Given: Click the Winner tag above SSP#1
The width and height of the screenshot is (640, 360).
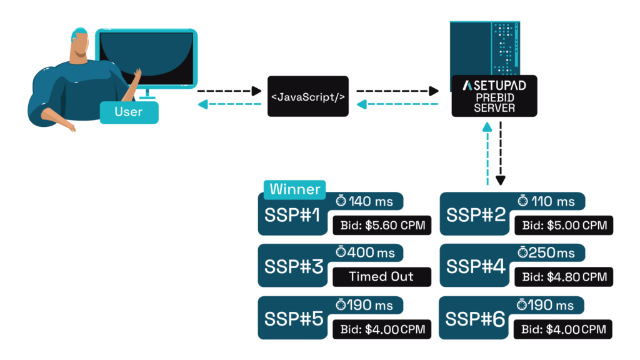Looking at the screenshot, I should [x=294, y=189].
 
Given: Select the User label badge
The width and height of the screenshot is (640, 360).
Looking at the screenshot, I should [x=129, y=112].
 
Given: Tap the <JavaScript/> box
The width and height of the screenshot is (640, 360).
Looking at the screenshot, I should [x=307, y=96].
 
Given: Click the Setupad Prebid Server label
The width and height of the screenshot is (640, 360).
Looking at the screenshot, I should [x=494, y=96].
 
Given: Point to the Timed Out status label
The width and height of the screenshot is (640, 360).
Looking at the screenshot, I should [x=381, y=276].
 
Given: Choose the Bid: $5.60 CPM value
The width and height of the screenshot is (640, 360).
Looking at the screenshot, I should [x=382, y=225].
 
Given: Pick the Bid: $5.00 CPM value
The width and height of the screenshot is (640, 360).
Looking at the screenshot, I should [x=564, y=225].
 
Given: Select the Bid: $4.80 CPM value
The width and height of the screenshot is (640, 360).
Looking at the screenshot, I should [x=564, y=276].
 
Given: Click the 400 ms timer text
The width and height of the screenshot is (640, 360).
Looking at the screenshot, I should [x=372, y=252].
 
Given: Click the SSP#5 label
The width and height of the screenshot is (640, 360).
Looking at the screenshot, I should [x=294, y=319].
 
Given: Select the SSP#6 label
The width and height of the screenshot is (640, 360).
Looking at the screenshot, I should [x=475, y=319].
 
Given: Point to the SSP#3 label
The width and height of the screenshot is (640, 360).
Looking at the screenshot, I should [x=294, y=267].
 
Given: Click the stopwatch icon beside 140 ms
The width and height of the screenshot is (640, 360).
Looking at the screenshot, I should [x=341, y=201].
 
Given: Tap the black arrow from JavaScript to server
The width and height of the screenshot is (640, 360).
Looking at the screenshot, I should [x=397, y=91].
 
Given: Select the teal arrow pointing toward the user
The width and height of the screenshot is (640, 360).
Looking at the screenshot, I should [x=228, y=104].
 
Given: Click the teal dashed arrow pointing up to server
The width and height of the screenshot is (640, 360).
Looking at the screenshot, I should [x=487, y=153].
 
